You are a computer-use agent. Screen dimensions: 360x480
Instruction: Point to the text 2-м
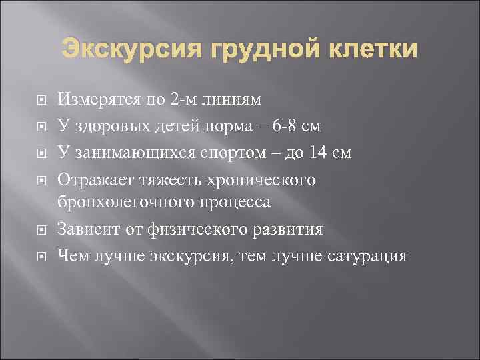[x=187, y=100]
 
